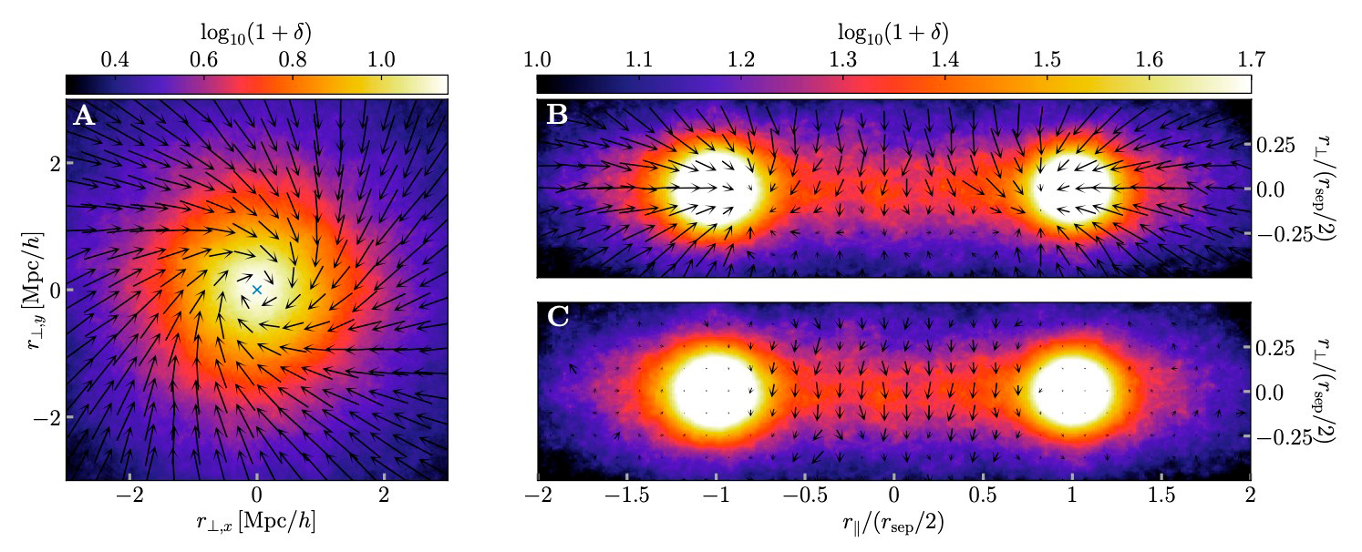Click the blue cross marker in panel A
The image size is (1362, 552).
pos(257,290)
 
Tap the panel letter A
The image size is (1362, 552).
pos(83,116)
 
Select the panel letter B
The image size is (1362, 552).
pos(556,116)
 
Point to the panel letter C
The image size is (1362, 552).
pos(557,317)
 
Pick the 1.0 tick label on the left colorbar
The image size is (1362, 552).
pos(380,60)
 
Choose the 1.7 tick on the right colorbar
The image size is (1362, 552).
pos(1250,60)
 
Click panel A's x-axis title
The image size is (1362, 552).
pos(257,526)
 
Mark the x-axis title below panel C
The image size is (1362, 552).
pos(893,526)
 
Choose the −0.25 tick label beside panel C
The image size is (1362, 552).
pos(1284,437)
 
